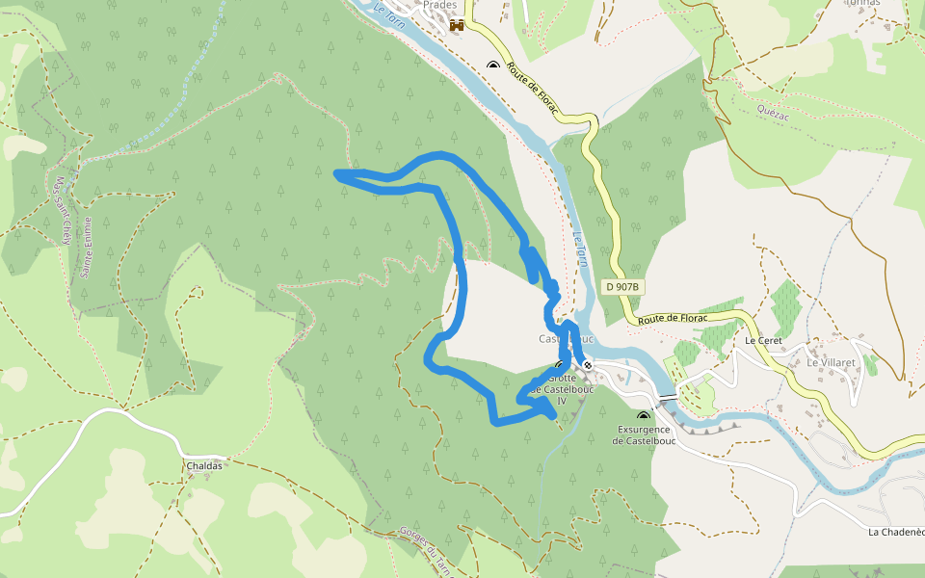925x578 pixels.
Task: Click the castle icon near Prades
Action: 457,26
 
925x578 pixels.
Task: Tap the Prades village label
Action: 440,5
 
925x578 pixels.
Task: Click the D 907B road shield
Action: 623,287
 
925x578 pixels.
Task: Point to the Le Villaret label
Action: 818,362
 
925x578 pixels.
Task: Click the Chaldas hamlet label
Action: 204,465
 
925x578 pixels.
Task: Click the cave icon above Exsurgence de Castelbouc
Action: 643,417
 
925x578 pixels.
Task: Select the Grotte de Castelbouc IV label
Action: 562,388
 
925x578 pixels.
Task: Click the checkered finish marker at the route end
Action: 587,365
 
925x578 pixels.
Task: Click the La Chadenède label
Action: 896,532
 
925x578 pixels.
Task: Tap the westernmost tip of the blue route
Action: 336,173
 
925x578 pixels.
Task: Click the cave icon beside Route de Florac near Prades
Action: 493,66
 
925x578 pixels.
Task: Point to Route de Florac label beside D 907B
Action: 673,318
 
